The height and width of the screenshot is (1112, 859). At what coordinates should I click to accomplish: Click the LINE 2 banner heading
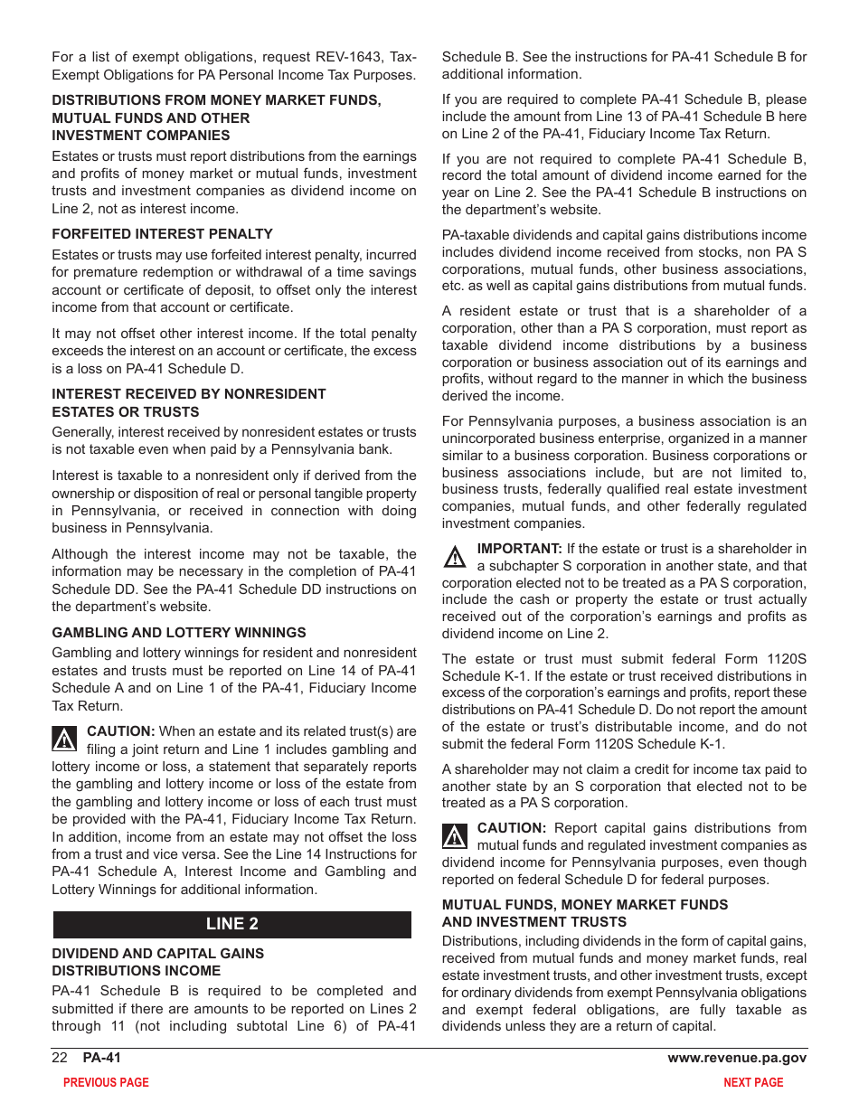pyautogui.click(x=231, y=924)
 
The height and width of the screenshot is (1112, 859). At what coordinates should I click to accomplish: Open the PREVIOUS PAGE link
pyautogui.click(x=106, y=1082)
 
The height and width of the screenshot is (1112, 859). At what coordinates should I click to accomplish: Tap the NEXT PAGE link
pyautogui.click(x=753, y=1082)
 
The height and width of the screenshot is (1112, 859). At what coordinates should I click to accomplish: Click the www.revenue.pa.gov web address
pyautogui.click(x=737, y=1058)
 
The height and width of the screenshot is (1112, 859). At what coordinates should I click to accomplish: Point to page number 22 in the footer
pyautogui.click(x=60, y=1058)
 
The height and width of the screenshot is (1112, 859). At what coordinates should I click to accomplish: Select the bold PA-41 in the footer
pyautogui.click(x=101, y=1058)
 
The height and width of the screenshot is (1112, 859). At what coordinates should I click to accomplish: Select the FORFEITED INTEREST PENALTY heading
pyautogui.click(x=162, y=233)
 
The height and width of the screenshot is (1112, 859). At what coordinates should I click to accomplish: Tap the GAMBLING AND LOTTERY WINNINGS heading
pyautogui.click(x=179, y=633)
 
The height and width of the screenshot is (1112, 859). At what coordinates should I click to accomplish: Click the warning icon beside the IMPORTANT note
pyautogui.click(x=455, y=556)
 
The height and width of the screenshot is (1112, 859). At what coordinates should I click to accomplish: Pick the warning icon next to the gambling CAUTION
pyautogui.click(x=64, y=739)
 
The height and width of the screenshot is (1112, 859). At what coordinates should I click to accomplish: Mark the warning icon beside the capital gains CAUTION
pyautogui.click(x=455, y=835)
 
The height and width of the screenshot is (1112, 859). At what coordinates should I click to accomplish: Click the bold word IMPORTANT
pyautogui.click(x=519, y=549)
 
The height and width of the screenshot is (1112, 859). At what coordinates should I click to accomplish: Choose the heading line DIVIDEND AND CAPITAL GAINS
pyautogui.click(x=157, y=953)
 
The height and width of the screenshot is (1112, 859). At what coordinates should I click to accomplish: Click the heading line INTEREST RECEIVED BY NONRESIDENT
pyautogui.click(x=188, y=394)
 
